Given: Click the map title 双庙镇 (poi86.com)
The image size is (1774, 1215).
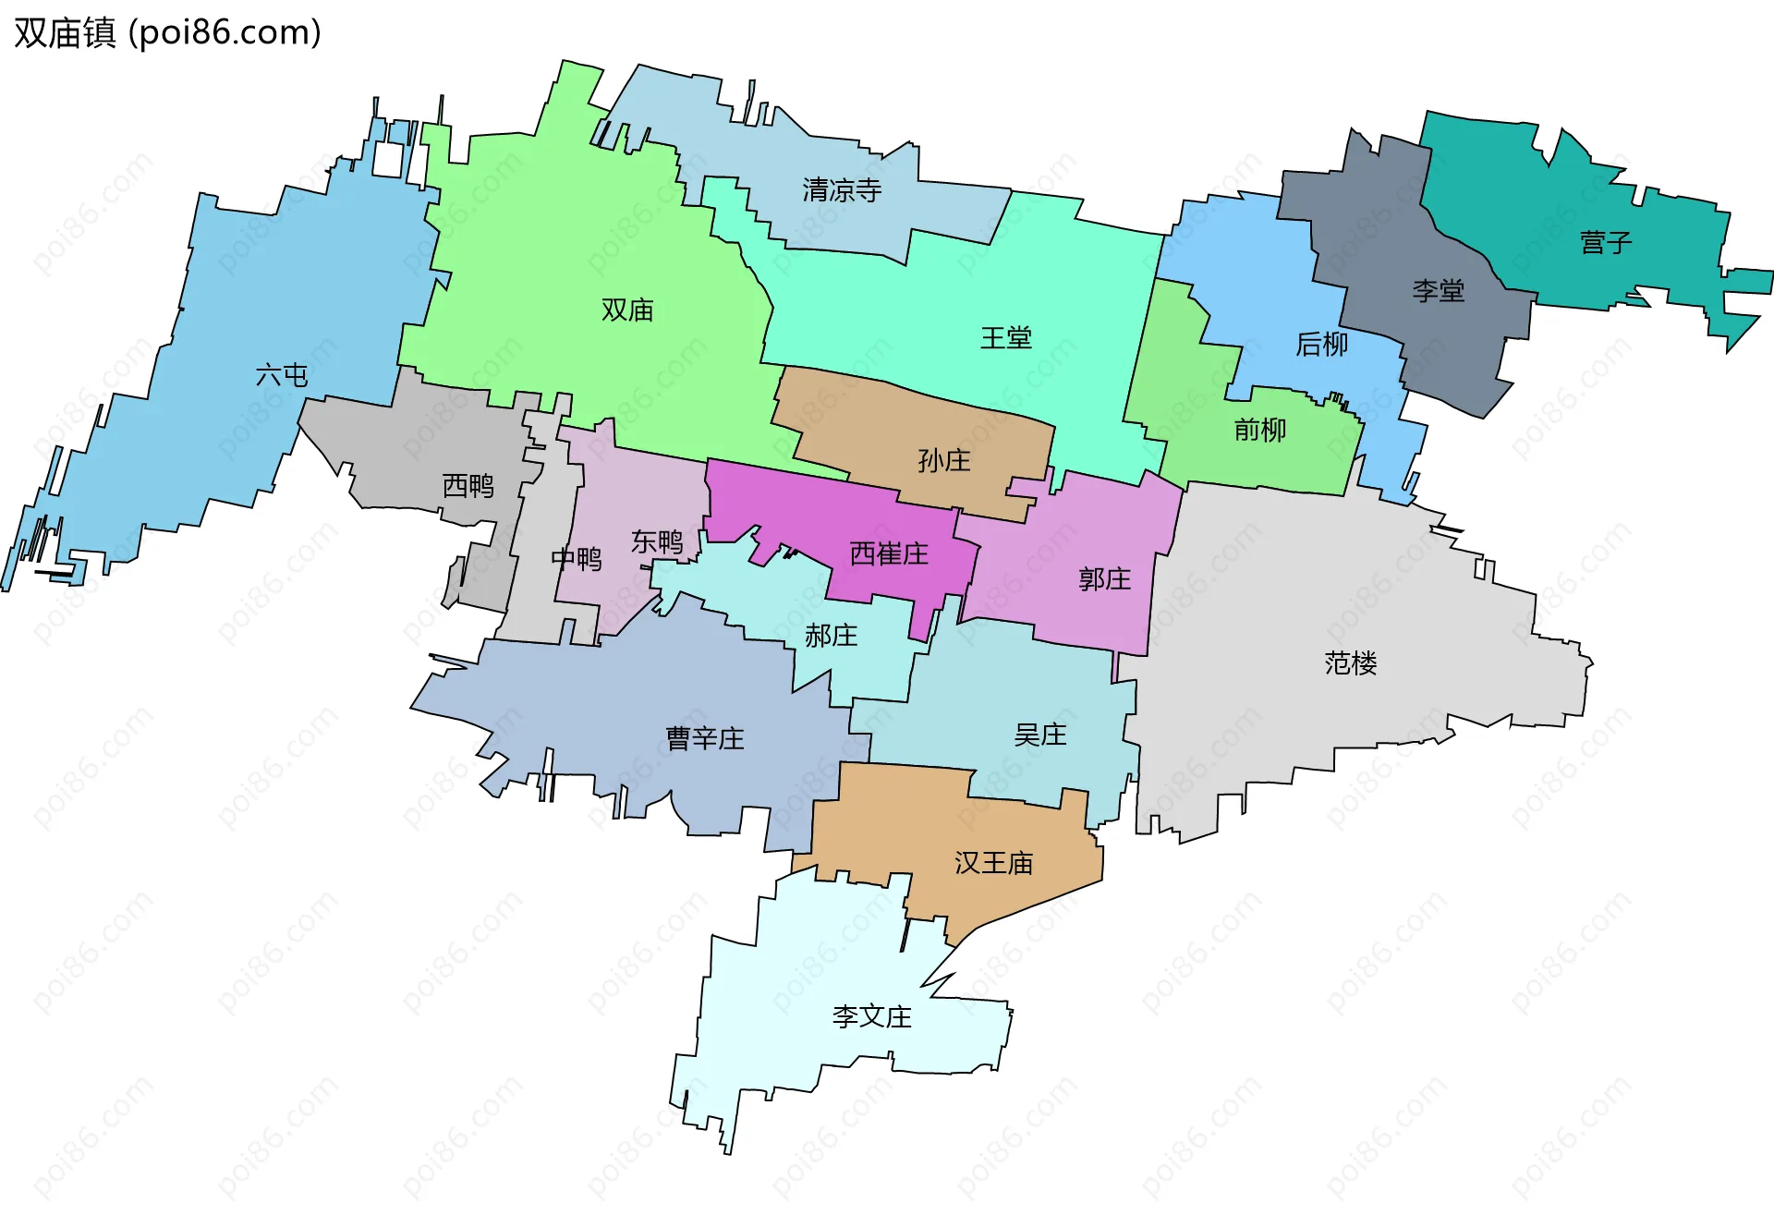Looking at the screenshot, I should click(167, 32).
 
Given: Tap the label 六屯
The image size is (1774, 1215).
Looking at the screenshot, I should click(282, 374).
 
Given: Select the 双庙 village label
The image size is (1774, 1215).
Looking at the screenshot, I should click(627, 310).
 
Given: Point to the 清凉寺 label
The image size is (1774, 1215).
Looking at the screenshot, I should click(842, 190).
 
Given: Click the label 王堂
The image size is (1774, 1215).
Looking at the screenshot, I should click(1005, 337).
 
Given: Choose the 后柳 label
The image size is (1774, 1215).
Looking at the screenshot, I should click(1321, 344).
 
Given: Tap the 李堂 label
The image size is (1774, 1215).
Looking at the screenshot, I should click(1438, 291).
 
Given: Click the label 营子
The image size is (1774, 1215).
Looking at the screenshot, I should click(1606, 243).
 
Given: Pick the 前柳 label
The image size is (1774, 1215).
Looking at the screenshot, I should click(1259, 430).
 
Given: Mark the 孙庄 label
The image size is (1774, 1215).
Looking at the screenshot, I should click(943, 460).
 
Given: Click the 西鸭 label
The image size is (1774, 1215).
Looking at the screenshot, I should click(468, 485).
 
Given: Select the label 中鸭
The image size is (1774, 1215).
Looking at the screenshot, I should click(576, 558).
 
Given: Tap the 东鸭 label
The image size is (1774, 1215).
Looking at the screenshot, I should click(657, 541).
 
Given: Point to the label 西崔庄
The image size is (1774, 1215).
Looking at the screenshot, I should click(889, 553).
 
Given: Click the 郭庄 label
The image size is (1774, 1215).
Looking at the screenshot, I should click(1104, 579).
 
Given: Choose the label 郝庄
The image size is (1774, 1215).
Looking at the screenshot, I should click(831, 636).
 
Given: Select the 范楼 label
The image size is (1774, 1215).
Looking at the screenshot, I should click(1350, 662).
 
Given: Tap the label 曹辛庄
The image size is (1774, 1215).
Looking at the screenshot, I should click(705, 738).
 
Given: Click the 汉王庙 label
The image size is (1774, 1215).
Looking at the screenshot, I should click(993, 863).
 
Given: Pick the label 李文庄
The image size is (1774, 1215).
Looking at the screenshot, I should click(871, 1016).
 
